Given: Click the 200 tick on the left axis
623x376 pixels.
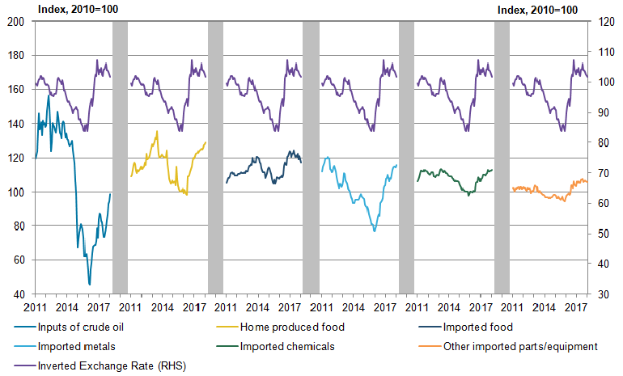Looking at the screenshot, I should coord(15,22).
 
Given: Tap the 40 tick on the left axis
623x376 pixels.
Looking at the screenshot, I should coord(17,294).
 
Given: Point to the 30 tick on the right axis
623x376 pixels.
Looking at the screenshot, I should coord(603,294).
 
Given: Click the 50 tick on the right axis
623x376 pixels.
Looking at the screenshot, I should coord(603,234).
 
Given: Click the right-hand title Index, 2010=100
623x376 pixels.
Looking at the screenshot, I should coord(537,9).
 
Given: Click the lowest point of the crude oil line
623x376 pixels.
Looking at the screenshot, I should coord(90,284).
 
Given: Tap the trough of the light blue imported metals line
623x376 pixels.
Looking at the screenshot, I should coord(375,231).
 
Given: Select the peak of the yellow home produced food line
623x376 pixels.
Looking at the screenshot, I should coord(157,132).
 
